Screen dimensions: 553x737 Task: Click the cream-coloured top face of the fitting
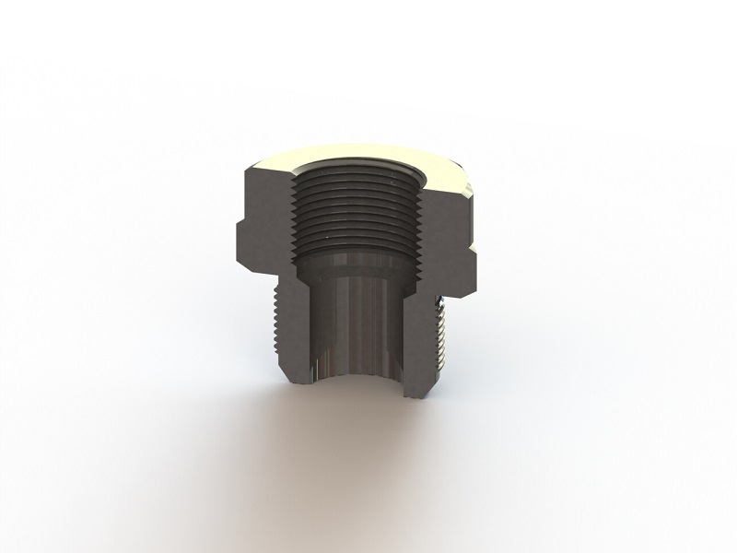368,155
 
